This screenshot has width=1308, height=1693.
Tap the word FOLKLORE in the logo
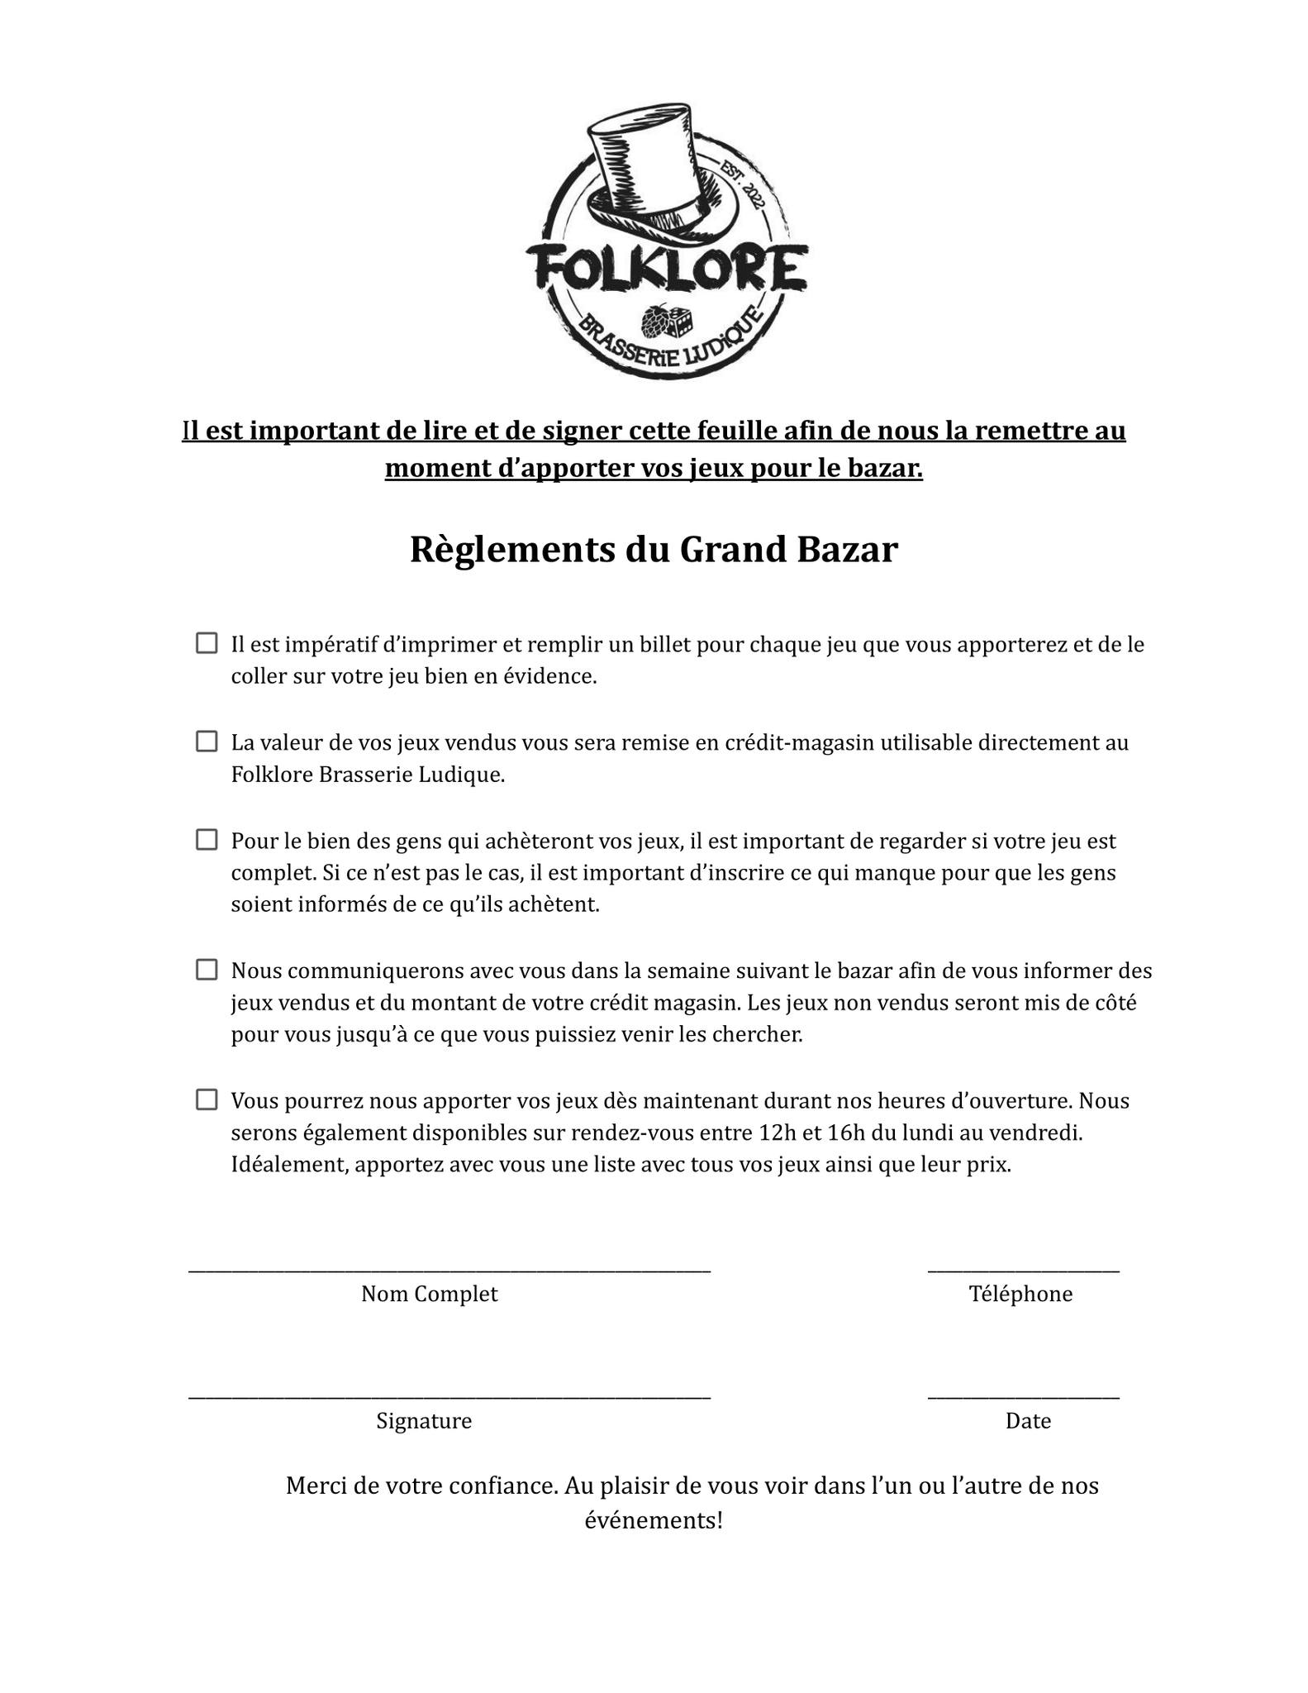[666, 266]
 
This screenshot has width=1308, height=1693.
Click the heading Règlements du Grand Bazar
[654, 550]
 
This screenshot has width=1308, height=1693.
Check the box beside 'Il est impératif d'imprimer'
[207, 643]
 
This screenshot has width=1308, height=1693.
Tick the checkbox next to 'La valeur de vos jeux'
[207, 742]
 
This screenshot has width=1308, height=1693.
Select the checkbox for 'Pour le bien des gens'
[207, 840]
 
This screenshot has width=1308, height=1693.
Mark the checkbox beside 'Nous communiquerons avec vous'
[207, 970]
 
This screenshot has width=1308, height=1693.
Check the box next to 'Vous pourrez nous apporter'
[207, 1099]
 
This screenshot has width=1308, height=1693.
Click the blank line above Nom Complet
[449, 1271]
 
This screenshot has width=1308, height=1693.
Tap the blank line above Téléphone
[1023, 1271]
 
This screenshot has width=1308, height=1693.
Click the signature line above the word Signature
[449, 1398]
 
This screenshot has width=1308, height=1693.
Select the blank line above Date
[1023, 1398]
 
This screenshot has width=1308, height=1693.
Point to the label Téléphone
[1020, 1294]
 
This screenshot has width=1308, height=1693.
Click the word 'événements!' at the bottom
[654, 1520]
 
